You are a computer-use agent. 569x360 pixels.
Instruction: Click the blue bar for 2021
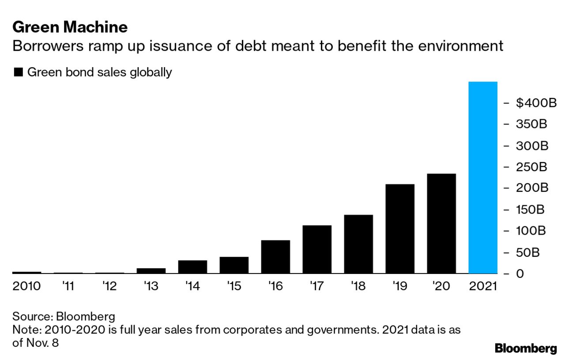click(482, 177)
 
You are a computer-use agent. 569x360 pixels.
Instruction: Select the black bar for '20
click(441, 223)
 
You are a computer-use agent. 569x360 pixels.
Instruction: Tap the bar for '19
click(400, 229)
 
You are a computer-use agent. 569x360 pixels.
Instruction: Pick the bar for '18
click(358, 244)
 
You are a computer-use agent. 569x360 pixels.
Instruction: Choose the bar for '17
click(317, 249)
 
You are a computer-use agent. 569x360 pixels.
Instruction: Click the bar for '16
click(275, 257)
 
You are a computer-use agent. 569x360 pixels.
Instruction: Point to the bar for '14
click(192, 267)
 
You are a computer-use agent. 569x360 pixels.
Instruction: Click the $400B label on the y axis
click(536, 103)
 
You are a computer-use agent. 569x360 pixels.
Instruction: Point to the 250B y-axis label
click(531, 167)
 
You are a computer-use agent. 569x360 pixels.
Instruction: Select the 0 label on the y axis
click(520, 274)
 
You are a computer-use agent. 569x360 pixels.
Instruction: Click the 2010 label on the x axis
click(26, 286)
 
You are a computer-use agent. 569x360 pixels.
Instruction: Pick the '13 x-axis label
click(151, 286)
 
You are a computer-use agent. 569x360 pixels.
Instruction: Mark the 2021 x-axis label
click(482, 286)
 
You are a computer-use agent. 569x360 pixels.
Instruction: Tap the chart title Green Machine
click(70, 27)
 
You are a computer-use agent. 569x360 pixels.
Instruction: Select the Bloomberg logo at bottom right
click(526, 348)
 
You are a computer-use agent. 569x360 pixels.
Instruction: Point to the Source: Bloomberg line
click(64, 316)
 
